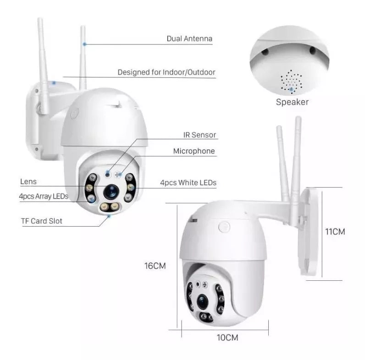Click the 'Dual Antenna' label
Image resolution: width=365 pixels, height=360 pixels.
189,39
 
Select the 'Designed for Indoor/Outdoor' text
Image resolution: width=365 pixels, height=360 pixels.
166,72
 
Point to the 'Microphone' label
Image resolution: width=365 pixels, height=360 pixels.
194,151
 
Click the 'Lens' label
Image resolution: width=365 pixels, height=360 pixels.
28,182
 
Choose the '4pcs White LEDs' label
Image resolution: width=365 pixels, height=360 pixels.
188,183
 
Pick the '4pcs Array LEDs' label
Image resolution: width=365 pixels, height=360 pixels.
44,196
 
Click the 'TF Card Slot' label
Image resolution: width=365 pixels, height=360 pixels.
42,221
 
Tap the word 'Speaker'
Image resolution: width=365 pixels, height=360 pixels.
292,102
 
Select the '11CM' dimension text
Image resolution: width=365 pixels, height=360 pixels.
335,231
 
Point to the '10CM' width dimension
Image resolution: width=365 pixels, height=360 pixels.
227,338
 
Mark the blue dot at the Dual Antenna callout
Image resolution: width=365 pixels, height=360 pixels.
84,44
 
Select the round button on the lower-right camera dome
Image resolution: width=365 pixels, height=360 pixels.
224,227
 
